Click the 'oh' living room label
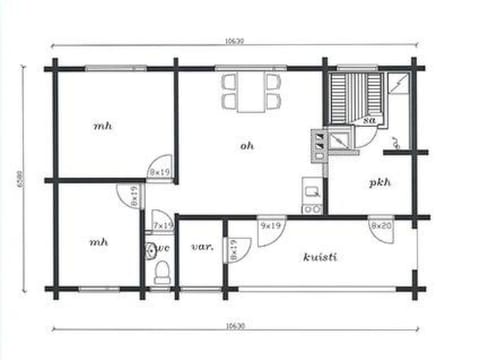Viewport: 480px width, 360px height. click(x=247, y=145)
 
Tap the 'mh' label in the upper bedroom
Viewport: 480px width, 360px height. click(x=102, y=126)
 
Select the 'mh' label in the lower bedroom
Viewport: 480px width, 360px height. click(x=98, y=242)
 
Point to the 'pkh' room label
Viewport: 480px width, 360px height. click(x=379, y=183)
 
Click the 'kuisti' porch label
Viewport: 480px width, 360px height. click(x=319, y=257)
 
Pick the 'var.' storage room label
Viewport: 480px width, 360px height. click(x=201, y=246)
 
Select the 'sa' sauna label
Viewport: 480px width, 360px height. click(x=369, y=120)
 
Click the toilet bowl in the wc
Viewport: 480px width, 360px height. click(x=162, y=271)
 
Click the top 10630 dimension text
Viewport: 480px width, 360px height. click(x=233, y=42)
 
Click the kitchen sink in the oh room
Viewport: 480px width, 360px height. click(x=312, y=187)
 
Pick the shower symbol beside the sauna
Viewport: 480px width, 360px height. click(x=397, y=83)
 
